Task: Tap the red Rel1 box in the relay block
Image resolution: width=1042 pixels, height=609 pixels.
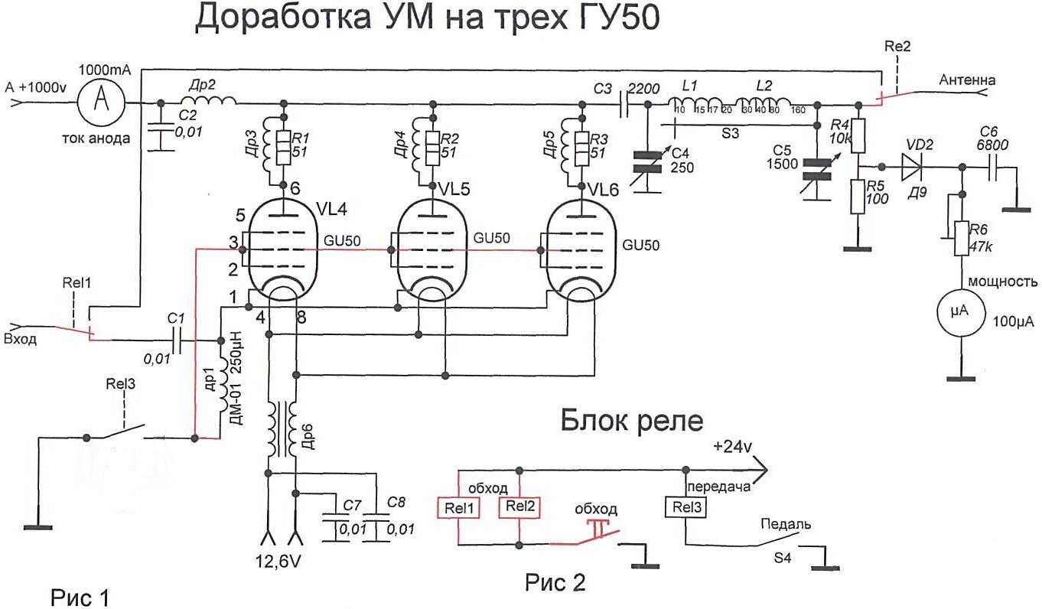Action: (457, 507)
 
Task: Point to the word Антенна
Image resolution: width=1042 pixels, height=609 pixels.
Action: (967, 79)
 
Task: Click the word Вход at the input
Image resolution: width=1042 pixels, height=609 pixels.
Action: (21, 340)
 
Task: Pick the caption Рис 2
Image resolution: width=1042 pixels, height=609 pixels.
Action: (555, 583)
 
